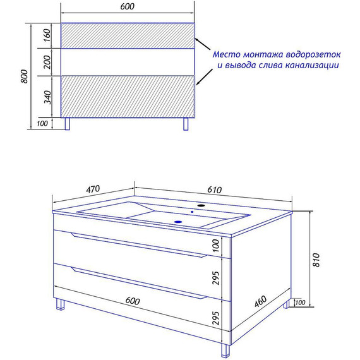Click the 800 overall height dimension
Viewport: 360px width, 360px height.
(x=25, y=76)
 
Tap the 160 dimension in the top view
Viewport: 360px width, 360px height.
(x=47, y=35)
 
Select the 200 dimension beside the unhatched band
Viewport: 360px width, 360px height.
(x=47, y=62)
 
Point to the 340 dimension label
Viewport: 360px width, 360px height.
(x=47, y=97)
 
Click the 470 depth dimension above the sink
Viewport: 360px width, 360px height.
(x=93, y=189)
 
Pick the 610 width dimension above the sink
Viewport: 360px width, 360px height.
(x=214, y=189)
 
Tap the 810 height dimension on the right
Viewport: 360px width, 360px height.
(x=316, y=260)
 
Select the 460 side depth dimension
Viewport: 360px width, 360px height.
(x=261, y=301)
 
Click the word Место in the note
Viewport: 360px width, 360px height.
(x=227, y=55)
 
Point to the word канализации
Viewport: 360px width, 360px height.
(x=312, y=66)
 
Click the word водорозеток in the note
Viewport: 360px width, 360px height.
(x=313, y=55)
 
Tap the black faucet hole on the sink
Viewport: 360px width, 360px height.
(x=201, y=205)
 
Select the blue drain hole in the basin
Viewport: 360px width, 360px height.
(x=178, y=222)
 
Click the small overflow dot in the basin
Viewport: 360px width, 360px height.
(x=192, y=212)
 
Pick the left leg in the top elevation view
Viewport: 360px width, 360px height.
(x=68, y=124)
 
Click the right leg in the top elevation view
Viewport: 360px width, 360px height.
(x=186, y=124)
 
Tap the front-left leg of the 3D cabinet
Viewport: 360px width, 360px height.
(x=60, y=304)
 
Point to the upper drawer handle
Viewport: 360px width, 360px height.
(x=140, y=245)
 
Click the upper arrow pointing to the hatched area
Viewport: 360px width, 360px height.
(x=203, y=44)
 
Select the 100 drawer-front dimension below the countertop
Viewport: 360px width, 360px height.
(x=216, y=245)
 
